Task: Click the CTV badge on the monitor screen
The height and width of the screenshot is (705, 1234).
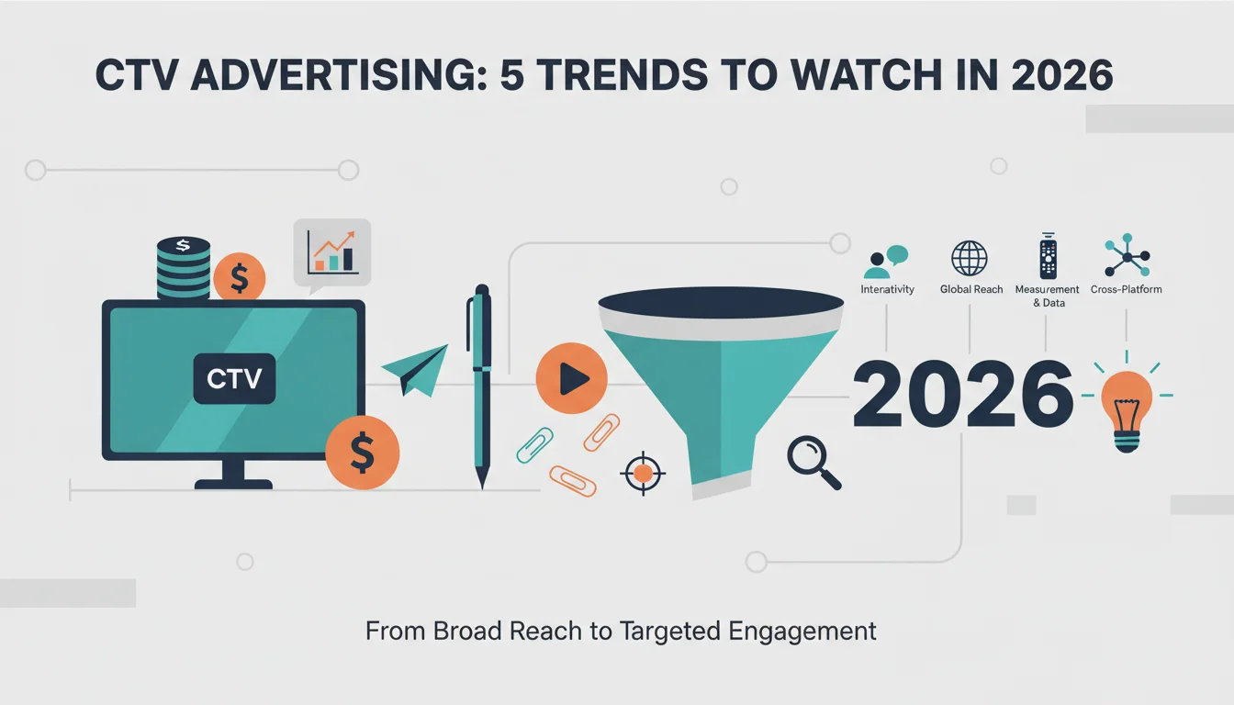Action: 234,378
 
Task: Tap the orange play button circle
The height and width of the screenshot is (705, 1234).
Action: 571,378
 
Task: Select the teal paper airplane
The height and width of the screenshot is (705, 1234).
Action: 415,370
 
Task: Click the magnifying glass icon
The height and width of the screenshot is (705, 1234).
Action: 813,462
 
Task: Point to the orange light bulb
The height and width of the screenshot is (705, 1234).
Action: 1127,411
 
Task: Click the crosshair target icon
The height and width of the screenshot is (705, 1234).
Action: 643,473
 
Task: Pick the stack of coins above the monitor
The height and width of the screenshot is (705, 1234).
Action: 184,268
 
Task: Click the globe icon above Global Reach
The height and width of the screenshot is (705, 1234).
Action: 969,258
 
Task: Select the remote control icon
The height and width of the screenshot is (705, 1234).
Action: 1048,256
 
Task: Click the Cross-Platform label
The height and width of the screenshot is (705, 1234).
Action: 1126,289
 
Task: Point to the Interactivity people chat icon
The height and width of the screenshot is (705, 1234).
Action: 885,262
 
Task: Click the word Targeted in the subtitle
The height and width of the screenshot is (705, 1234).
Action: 669,632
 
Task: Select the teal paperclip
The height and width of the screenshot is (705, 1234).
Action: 534,444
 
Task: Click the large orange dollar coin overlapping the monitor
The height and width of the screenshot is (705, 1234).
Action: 362,453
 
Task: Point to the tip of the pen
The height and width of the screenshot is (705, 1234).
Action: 482,489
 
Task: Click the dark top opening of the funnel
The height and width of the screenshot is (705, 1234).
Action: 721,302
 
